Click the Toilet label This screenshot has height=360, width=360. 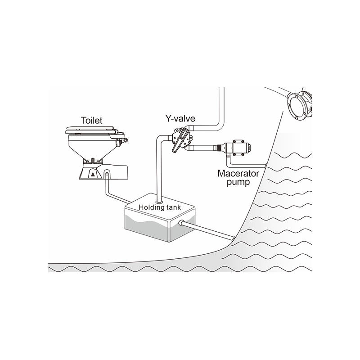[92, 121]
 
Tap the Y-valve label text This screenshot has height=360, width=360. [180, 118]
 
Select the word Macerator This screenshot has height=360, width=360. [238, 174]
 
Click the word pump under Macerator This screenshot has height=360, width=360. [238, 183]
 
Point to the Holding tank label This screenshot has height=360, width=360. [160, 207]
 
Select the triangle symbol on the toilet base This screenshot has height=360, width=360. [93, 175]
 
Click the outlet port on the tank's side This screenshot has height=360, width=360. [181, 222]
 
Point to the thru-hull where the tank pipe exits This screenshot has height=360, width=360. [233, 239]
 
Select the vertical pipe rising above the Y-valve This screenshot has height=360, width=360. [221, 105]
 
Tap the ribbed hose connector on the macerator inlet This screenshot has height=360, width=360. [220, 147]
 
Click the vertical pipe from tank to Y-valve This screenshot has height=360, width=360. [159, 170]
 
